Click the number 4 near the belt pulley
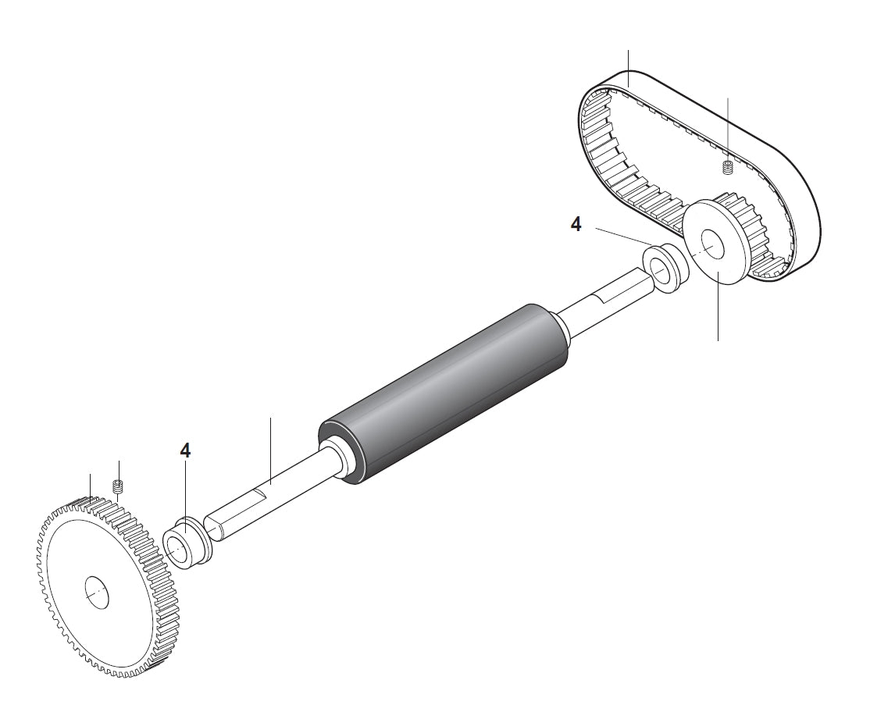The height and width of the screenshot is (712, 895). (576, 225)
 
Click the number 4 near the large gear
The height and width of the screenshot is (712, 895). (185, 450)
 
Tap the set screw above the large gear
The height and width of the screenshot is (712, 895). (119, 488)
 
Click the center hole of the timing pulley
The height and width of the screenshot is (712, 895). (711, 243)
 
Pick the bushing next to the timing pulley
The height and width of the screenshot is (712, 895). (666, 269)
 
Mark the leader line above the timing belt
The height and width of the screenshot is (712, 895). (629, 66)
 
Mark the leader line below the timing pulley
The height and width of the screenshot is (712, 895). (718, 312)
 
